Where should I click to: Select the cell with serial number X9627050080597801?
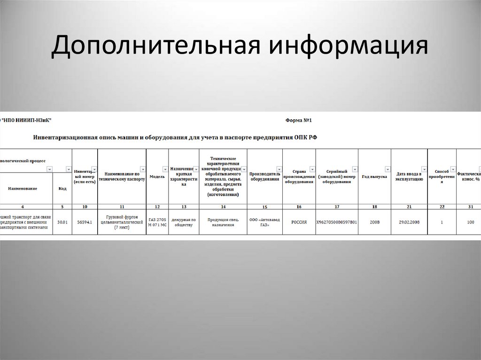coord(336,222)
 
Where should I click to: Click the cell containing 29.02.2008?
coord(409,222)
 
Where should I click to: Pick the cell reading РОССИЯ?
coord(299,222)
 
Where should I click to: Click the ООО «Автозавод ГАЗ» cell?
coord(264,222)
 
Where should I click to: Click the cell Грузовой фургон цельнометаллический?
coord(122,222)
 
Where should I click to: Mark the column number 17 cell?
coord(336,207)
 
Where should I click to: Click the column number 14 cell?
coord(223,207)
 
